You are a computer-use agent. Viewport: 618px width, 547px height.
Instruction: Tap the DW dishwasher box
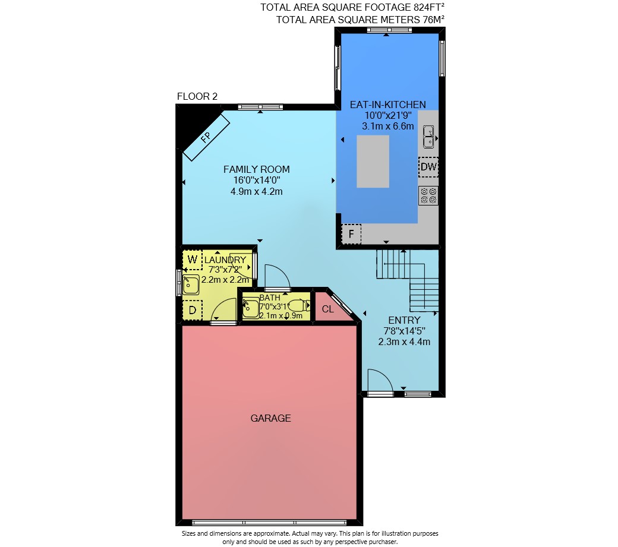[x=428, y=167]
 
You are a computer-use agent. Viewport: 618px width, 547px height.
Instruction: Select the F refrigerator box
[x=351, y=234]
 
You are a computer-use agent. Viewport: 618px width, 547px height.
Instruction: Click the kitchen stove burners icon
[x=428, y=196]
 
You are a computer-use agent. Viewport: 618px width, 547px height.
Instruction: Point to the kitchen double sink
[x=428, y=137]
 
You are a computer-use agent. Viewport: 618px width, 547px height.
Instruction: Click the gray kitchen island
[x=373, y=162]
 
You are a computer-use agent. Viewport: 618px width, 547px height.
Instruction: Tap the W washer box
[x=193, y=260]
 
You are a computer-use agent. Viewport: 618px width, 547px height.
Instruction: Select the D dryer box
[x=193, y=310]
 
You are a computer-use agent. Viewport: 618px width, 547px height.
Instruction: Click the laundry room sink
[x=191, y=284]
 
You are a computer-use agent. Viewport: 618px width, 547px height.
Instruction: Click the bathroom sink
[x=251, y=308]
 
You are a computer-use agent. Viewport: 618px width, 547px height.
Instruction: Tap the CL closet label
[x=328, y=309]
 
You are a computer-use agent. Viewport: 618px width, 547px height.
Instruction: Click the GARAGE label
[x=271, y=418]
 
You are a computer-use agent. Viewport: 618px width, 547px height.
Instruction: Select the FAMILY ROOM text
[x=257, y=169]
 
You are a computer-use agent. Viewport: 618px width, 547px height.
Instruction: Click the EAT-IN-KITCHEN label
[x=388, y=105]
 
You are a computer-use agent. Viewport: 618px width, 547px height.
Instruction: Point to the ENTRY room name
[x=405, y=320]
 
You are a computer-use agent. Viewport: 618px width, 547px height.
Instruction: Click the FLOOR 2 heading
[x=197, y=96]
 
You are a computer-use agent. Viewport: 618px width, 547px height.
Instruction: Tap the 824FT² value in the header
[x=429, y=7]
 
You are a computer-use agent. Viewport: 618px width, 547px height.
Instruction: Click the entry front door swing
[x=381, y=381]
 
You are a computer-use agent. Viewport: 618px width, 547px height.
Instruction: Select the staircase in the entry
[x=408, y=280]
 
